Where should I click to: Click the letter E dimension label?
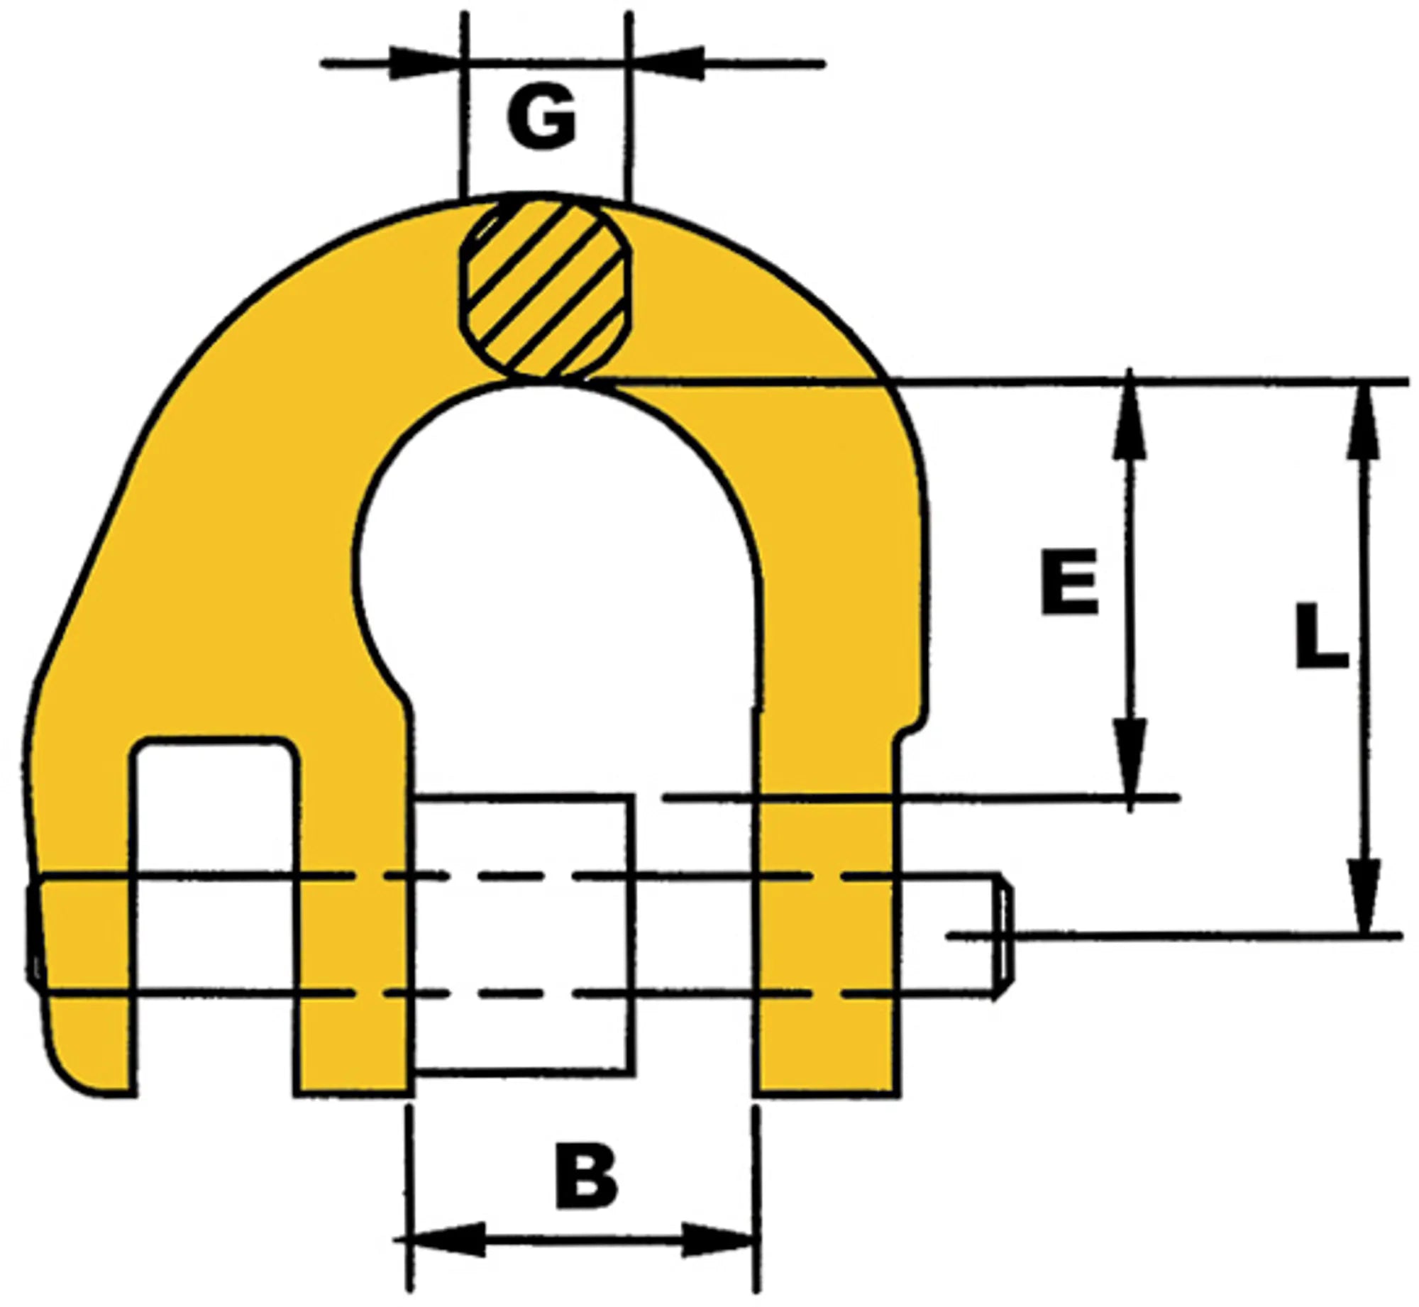coord(1070,582)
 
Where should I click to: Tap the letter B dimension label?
coord(586,1176)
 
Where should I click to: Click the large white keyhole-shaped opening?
coord(561,568)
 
